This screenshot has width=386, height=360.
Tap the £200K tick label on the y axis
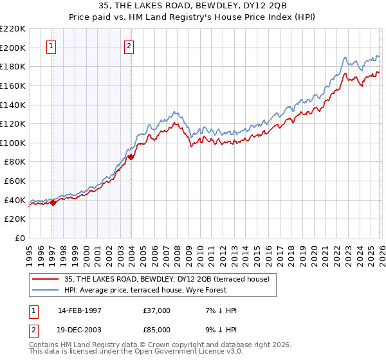pos(13,48)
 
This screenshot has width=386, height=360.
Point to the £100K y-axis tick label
pos(13,143)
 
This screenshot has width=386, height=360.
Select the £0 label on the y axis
pos(19,238)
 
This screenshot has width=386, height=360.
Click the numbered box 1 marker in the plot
pos(51,46)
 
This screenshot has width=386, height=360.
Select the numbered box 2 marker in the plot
pos(129,46)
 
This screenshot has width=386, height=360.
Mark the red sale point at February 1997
pos(53,203)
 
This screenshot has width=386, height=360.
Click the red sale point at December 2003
pos(131,157)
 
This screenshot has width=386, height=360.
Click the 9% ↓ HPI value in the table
pos(218,330)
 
